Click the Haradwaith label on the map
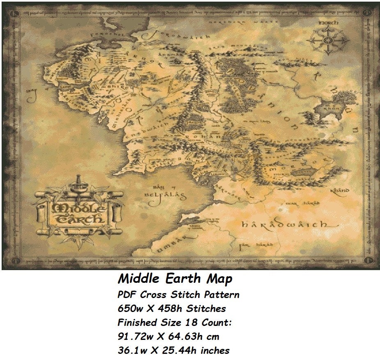[x=284, y=225]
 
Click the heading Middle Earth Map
[x=175, y=279]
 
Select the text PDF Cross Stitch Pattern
[x=179, y=295]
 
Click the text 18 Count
[x=204, y=323]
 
